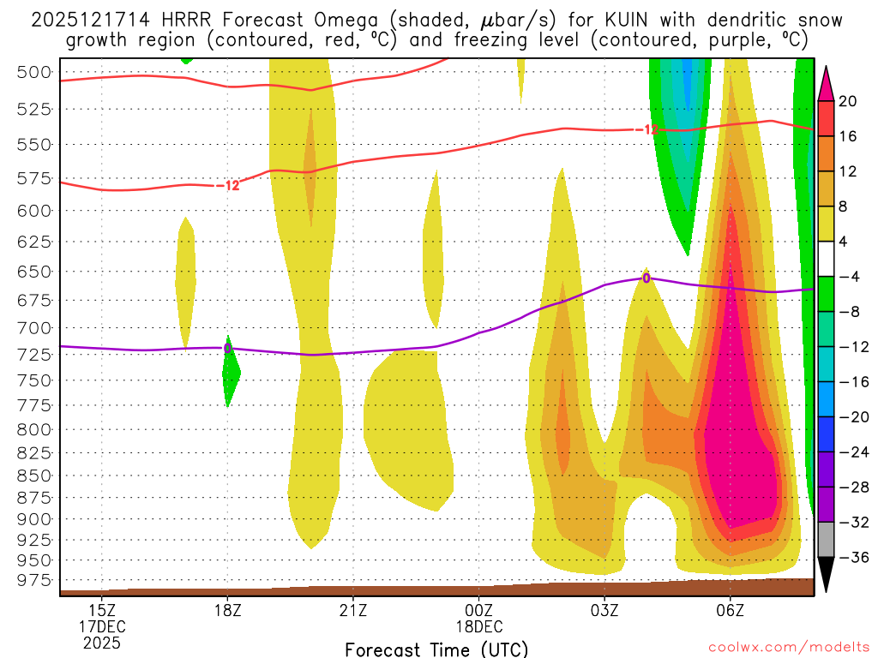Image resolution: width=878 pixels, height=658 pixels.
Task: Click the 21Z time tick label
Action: pyautogui.click(x=353, y=611)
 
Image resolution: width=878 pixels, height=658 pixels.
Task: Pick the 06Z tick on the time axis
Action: pyautogui.click(x=730, y=611)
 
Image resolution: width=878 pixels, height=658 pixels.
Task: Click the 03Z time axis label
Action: pyautogui.click(x=604, y=611)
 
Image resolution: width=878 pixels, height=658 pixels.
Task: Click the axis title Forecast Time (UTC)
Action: pyautogui.click(x=436, y=649)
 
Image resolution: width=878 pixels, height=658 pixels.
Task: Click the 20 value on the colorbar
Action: pyautogui.click(x=848, y=101)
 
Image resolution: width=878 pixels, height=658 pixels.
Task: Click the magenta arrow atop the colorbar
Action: pyautogui.click(x=826, y=82)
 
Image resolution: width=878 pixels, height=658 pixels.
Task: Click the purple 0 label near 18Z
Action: pyautogui.click(x=227, y=348)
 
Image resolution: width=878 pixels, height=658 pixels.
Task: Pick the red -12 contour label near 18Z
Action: pyautogui.click(x=227, y=185)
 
